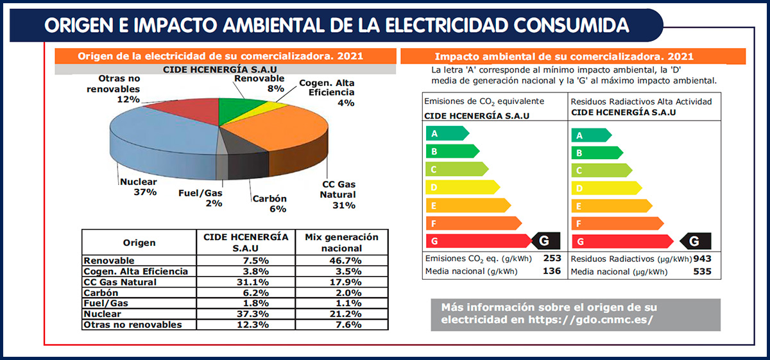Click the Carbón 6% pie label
tap(269, 203)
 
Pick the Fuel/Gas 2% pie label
tap(200, 198)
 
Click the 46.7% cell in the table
tap(342, 261)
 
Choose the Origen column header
tap(139, 243)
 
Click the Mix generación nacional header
tap(342, 243)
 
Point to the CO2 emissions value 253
tap(552, 259)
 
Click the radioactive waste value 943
tap(703, 259)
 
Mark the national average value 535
tap(703, 271)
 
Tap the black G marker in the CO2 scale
tap(545, 241)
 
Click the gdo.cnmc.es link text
tap(590, 320)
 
